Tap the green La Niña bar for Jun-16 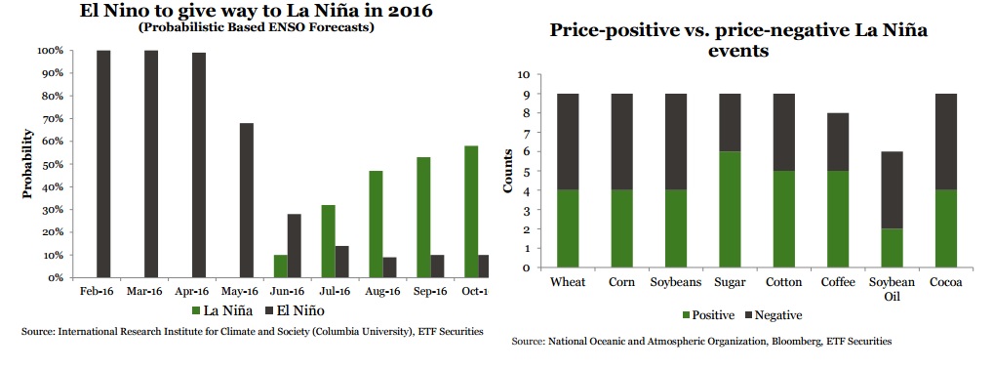pos(280,266)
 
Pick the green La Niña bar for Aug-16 pos(376,224)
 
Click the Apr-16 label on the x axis pos(192,292)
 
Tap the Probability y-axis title pos(29,164)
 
